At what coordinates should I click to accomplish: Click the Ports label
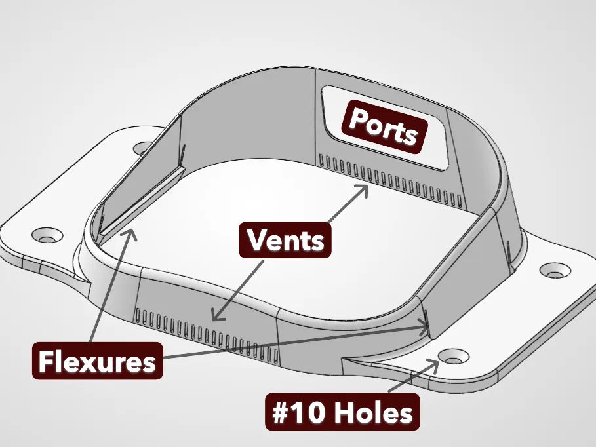pos(384,126)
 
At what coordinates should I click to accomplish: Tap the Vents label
pos(285,241)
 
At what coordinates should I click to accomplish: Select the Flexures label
pos(97,361)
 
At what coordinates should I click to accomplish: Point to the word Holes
pos(374,413)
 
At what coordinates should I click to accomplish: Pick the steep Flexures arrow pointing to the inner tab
pos(113,285)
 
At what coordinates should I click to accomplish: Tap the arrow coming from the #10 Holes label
pos(413,375)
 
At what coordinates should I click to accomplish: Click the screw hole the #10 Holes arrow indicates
pos(452,358)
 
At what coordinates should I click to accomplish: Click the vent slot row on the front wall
pos(207,334)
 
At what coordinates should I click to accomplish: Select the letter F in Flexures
pos(46,361)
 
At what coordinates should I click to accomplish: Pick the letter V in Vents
pos(256,240)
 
